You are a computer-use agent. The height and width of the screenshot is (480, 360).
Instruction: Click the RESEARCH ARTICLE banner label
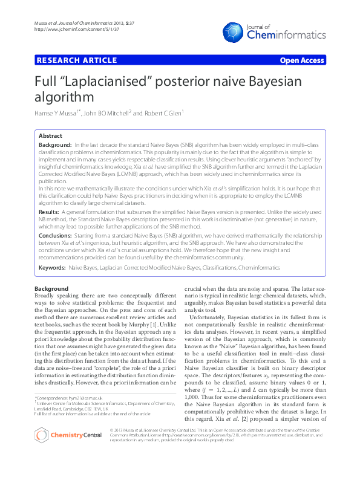[x=77, y=60]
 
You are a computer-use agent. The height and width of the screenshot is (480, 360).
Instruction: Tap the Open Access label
[x=303, y=60]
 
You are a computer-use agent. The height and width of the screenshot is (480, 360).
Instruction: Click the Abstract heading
[x=51, y=136]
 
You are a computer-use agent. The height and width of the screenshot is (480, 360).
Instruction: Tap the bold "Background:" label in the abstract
[x=55, y=146]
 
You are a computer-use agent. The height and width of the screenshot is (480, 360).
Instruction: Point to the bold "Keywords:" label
[x=52, y=266]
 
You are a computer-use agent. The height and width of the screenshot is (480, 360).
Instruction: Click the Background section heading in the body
[x=51, y=289]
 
